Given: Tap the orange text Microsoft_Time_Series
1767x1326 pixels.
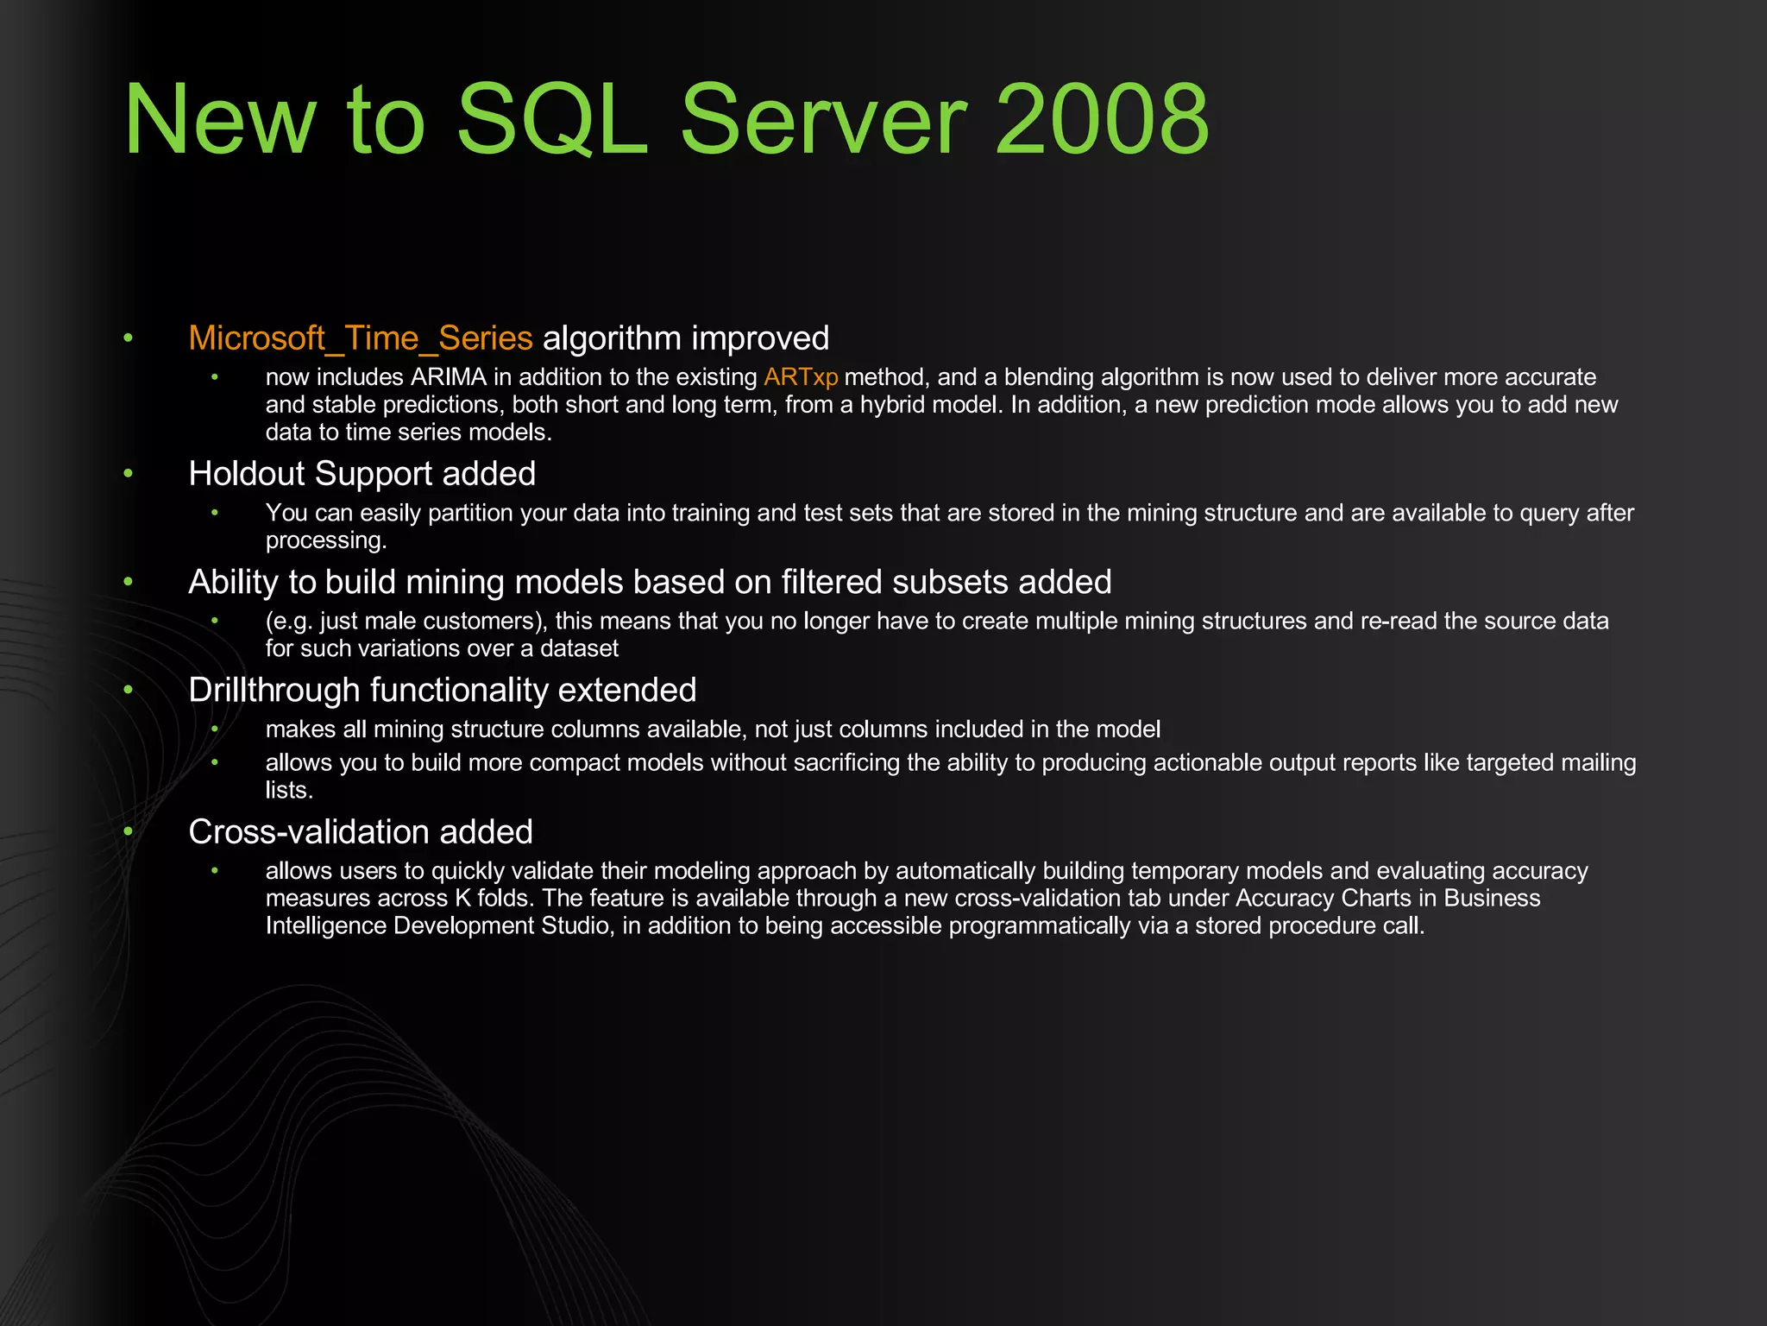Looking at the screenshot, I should click(x=361, y=338).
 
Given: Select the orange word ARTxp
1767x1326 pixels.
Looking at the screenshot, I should click(x=801, y=377).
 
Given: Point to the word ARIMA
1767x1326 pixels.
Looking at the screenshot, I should click(x=449, y=377).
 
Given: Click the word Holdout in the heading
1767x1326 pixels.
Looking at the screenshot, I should click(x=247, y=474).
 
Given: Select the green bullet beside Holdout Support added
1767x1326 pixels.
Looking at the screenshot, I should click(x=128, y=473).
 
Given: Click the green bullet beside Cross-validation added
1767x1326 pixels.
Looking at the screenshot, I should click(x=128, y=831).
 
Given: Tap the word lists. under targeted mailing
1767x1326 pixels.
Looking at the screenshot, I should click(x=289, y=791).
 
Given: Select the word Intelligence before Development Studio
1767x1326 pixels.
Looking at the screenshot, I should click(x=325, y=926).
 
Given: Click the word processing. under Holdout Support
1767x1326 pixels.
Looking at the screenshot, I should click(x=326, y=541).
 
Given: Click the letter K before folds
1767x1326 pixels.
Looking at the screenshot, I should click(x=462, y=899).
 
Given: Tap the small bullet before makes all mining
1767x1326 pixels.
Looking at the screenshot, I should click(x=215, y=729).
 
